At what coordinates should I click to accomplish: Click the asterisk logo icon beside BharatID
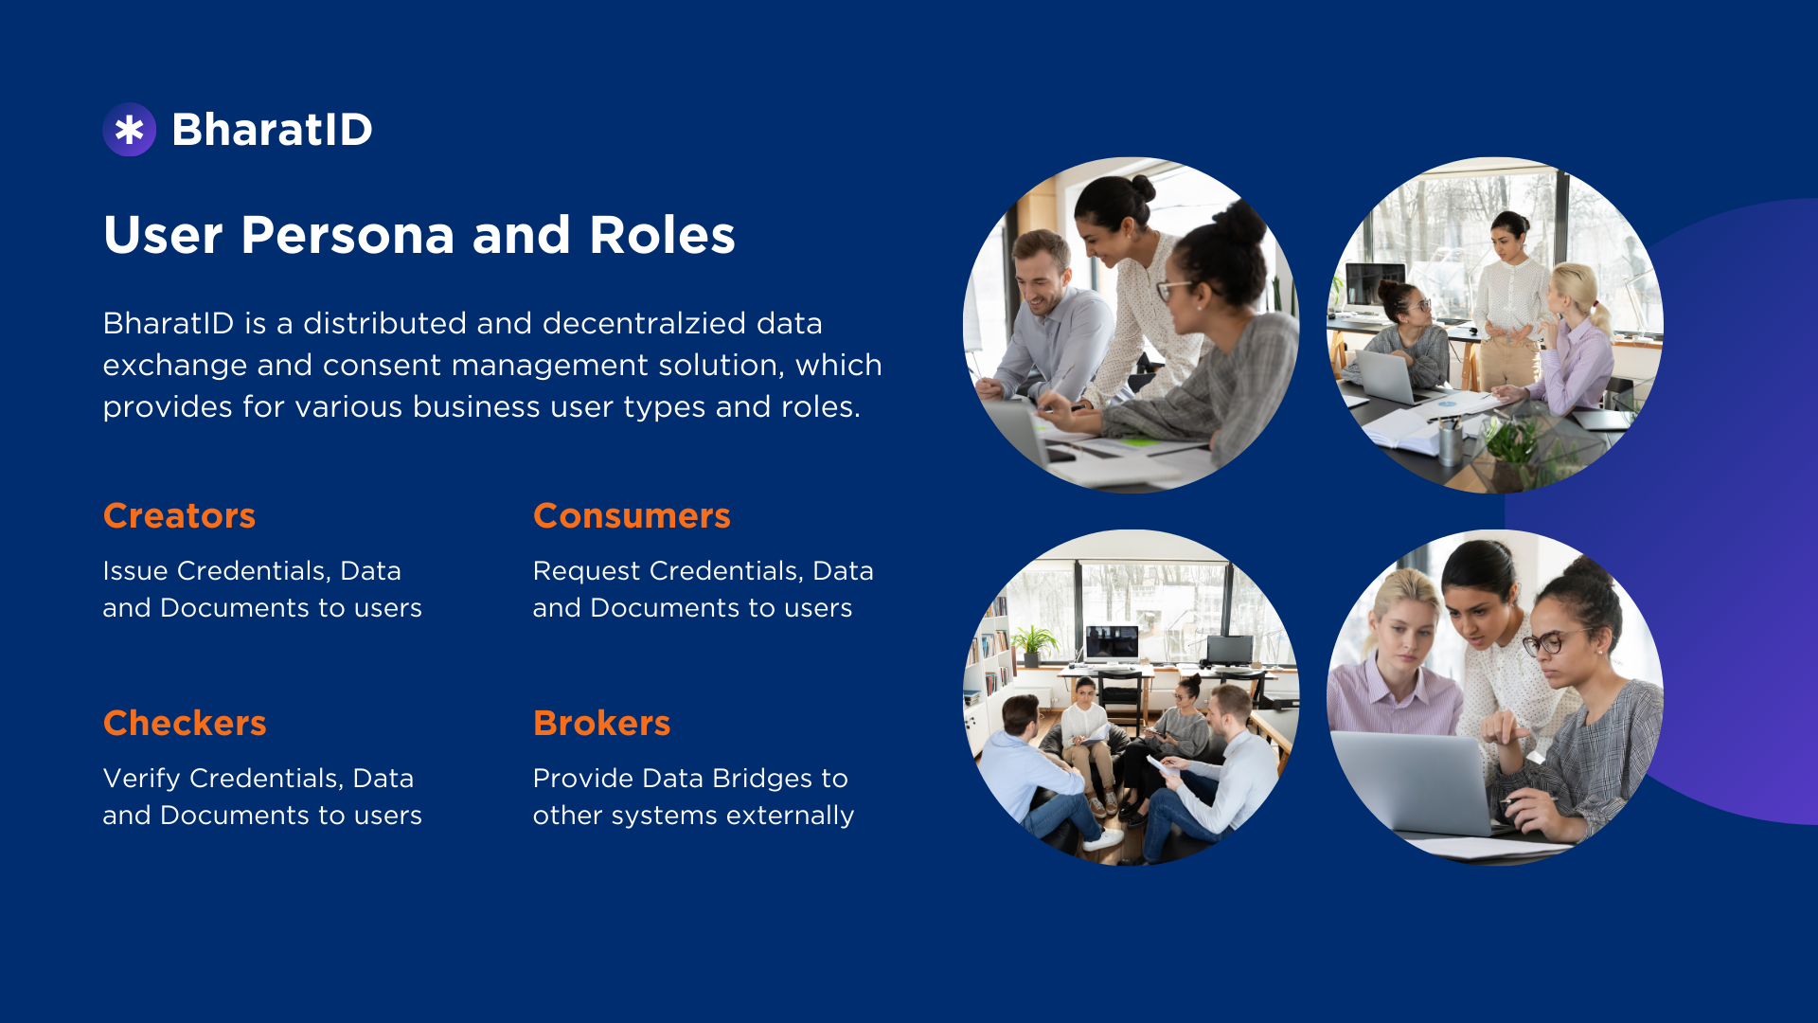point(130,130)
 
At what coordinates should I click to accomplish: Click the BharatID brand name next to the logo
point(273,130)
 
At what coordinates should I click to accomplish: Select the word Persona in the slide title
point(348,235)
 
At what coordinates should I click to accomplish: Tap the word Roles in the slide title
point(662,235)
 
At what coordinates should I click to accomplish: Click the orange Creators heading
point(179,516)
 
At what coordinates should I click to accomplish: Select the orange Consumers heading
point(632,516)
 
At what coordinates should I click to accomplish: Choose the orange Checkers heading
point(185,724)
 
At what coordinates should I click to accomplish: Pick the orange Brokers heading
point(601,724)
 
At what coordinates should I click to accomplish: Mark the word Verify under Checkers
point(142,780)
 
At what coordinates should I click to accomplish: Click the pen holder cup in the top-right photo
point(1450,442)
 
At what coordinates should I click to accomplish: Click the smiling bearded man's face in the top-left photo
point(1042,278)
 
